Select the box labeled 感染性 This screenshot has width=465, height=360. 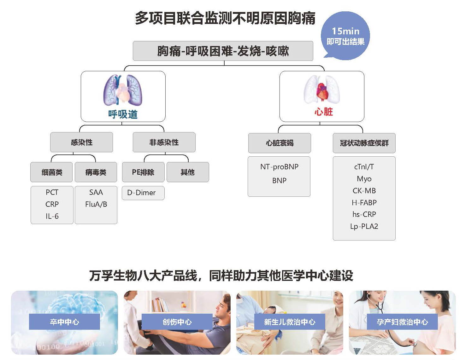point(81,142)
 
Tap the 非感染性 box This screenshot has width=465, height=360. point(164,142)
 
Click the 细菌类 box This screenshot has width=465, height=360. point(52,172)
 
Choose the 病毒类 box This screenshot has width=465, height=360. point(96,172)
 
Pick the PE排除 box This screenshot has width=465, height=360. point(143,172)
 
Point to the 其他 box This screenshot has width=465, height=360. point(188,172)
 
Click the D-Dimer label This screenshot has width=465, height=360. point(141,193)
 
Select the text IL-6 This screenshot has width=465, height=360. point(52,216)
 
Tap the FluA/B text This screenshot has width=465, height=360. point(96,204)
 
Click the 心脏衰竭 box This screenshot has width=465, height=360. point(280,143)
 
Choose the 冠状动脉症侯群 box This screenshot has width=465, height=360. point(364,143)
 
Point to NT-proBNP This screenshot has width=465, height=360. point(279,167)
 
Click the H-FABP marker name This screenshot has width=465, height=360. point(364,202)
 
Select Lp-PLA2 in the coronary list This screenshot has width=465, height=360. point(364,226)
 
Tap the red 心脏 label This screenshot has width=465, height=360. point(323,112)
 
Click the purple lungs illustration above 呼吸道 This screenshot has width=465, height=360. point(123,90)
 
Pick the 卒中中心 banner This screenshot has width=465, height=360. point(64,322)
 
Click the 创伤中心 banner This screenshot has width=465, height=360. point(177,322)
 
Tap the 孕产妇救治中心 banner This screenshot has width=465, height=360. point(402,322)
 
